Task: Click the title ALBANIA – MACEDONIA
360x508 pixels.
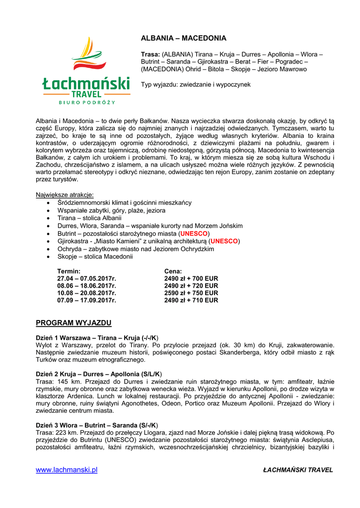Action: point(183,38)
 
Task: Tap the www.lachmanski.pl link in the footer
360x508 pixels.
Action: point(67,470)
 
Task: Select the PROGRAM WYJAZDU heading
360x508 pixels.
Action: point(73,323)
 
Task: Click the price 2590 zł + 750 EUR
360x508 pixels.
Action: point(191,293)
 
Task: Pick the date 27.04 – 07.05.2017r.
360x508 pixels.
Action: point(86,279)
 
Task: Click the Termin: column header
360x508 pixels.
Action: point(69,271)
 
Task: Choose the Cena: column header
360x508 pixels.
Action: point(173,271)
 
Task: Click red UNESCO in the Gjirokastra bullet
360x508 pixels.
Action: point(224,241)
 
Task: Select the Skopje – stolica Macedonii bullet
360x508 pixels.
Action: point(95,256)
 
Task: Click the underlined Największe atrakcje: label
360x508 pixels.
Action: point(65,195)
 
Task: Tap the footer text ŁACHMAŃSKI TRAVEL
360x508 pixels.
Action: point(298,470)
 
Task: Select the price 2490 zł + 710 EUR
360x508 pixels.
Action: point(191,300)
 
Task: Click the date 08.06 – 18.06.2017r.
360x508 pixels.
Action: point(86,286)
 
